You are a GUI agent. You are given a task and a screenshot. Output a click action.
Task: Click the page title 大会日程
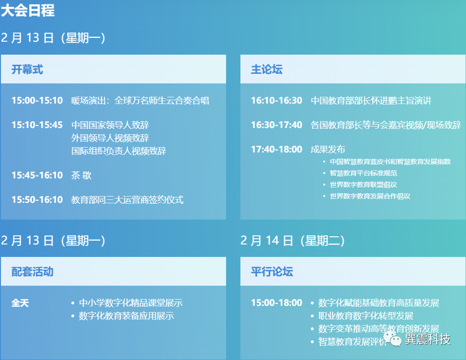click(28, 11)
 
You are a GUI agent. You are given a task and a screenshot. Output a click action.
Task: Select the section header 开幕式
click(27, 70)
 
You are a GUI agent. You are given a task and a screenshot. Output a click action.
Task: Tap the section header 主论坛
click(267, 70)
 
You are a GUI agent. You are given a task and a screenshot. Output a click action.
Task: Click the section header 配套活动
click(32, 272)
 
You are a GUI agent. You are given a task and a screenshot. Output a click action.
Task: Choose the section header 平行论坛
click(272, 272)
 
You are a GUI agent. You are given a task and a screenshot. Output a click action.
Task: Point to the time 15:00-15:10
click(37, 101)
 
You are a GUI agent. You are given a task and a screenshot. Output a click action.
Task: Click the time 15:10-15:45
click(37, 125)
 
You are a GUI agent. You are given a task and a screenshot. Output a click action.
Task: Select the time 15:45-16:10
click(37, 175)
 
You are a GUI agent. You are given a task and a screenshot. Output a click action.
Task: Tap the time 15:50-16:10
click(37, 200)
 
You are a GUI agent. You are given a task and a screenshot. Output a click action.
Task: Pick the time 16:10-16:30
click(276, 101)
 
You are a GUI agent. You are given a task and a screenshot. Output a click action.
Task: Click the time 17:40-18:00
click(276, 150)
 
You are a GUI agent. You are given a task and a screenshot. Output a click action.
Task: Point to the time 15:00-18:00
click(276, 303)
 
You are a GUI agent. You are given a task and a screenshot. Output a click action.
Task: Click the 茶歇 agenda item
click(81, 175)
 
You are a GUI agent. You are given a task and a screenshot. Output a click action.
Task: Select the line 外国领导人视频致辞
click(110, 138)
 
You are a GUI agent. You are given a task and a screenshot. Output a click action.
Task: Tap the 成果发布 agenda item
click(328, 150)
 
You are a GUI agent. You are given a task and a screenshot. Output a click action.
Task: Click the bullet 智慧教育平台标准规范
click(363, 173)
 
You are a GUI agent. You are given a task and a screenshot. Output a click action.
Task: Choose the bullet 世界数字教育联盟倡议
click(363, 185)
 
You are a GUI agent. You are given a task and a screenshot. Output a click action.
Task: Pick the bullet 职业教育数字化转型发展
click(365, 316)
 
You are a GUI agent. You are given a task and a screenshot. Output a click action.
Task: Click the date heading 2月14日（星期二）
click(293, 240)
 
